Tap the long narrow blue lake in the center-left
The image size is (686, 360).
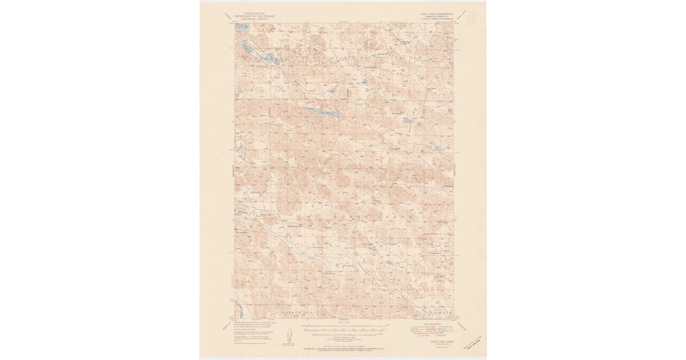point(323,112)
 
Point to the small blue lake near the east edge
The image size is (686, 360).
point(437,148)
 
